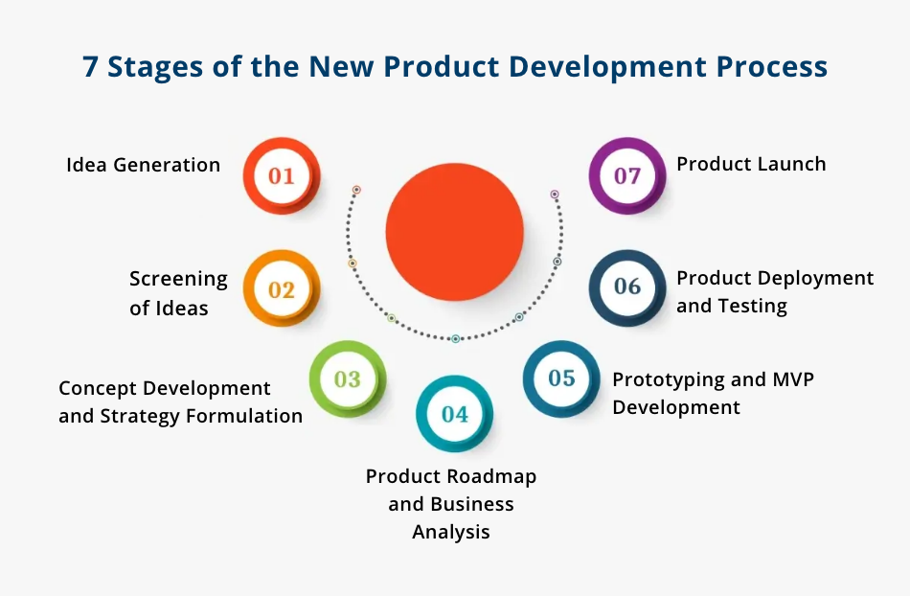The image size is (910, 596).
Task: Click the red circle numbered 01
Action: [x=281, y=176]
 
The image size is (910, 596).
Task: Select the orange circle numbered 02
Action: [x=281, y=289]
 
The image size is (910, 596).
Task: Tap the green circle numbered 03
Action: [x=347, y=378]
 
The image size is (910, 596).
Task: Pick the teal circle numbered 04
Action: [x=454, y=414]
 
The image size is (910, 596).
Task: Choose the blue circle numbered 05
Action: [x=561, y=378]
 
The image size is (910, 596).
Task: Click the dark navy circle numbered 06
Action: [x=626, y=287]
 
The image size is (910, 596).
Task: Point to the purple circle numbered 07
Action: [x=626, y=176]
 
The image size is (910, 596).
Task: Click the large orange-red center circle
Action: [x=454, y=231]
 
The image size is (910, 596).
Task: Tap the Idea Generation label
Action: [x=143, y=165]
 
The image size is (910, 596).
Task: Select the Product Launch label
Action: [x=751, y=164]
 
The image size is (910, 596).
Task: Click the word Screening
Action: [x=178, y=279]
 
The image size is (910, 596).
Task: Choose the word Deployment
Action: [x=817, y=278]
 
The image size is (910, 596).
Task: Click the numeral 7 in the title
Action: [x=90, y=67]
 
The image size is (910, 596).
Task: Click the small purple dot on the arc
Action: [x=555, y=194]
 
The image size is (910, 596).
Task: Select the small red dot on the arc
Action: [x=356, y=190]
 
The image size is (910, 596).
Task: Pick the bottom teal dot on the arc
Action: [x=455, y=338]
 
